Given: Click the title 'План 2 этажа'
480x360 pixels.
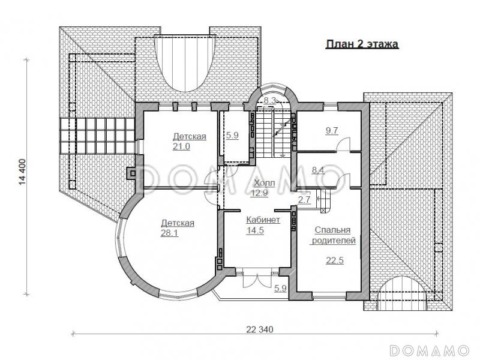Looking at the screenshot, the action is coord(362,44).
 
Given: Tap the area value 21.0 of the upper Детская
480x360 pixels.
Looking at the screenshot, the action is coord(181,146).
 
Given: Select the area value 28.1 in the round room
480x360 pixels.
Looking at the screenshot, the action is coord(169,233).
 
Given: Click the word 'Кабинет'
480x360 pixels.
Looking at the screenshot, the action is coord(263,220).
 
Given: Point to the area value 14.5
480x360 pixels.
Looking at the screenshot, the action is coord(255,230).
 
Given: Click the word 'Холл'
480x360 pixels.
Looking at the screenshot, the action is coord(265,183).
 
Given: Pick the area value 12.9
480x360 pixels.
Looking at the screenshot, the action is coord(259,193).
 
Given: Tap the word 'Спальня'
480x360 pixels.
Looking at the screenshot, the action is coord(332,230).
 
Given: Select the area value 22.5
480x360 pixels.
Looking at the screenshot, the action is coord(335,260).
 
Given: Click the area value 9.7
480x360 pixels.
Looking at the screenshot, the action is coord(332,131).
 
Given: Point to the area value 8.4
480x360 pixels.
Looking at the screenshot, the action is coord(318,170).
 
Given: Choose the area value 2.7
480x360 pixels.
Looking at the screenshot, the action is coord(304,200).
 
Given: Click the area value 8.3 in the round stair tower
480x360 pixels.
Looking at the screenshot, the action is coord(270,100).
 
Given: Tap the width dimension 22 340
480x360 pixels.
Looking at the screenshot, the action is coord(260,329).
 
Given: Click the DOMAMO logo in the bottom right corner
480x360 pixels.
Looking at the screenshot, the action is coord(429,350).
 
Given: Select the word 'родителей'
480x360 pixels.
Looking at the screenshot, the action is coord(334,241).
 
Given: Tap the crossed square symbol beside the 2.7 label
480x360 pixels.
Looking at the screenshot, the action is coord(323,211).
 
